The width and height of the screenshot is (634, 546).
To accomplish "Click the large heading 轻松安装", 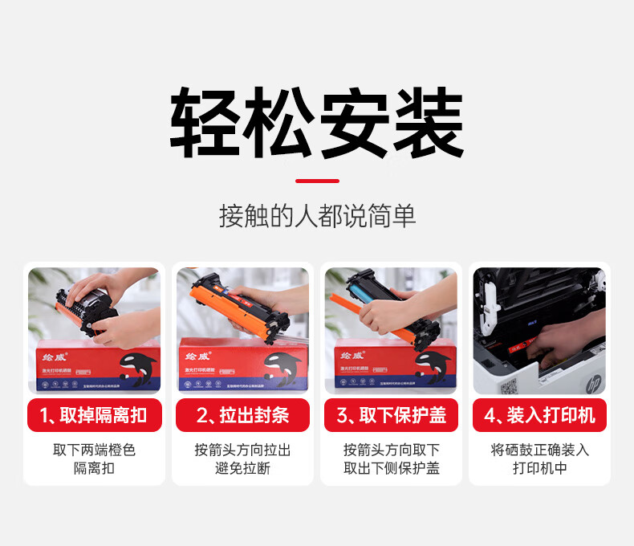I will (x=317, y=123).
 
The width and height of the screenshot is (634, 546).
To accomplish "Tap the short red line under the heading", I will (x=317, y=181).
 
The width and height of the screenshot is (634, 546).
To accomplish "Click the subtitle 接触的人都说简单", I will (x=317, y=216).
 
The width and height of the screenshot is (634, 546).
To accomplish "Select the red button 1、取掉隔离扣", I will (x=94, y=415).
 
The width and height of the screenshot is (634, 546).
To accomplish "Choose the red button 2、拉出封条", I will (x=242, y=415).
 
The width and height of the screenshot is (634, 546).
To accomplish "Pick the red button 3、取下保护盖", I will (x=391, y=415).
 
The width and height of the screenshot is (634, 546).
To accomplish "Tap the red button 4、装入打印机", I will (x=539, y=415).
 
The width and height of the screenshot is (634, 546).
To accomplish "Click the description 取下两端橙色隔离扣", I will (x=94, y=458).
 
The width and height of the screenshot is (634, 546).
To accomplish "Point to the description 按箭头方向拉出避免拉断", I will (x=242, y=458).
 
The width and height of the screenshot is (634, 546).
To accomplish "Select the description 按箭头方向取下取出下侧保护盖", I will (x=391, y=458).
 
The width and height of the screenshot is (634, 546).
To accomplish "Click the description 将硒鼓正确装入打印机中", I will (x=539, y=458).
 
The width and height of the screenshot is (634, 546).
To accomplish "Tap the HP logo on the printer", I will (x=593, y=385).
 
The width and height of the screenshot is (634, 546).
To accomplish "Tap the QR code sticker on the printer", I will (x=507, y=386).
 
